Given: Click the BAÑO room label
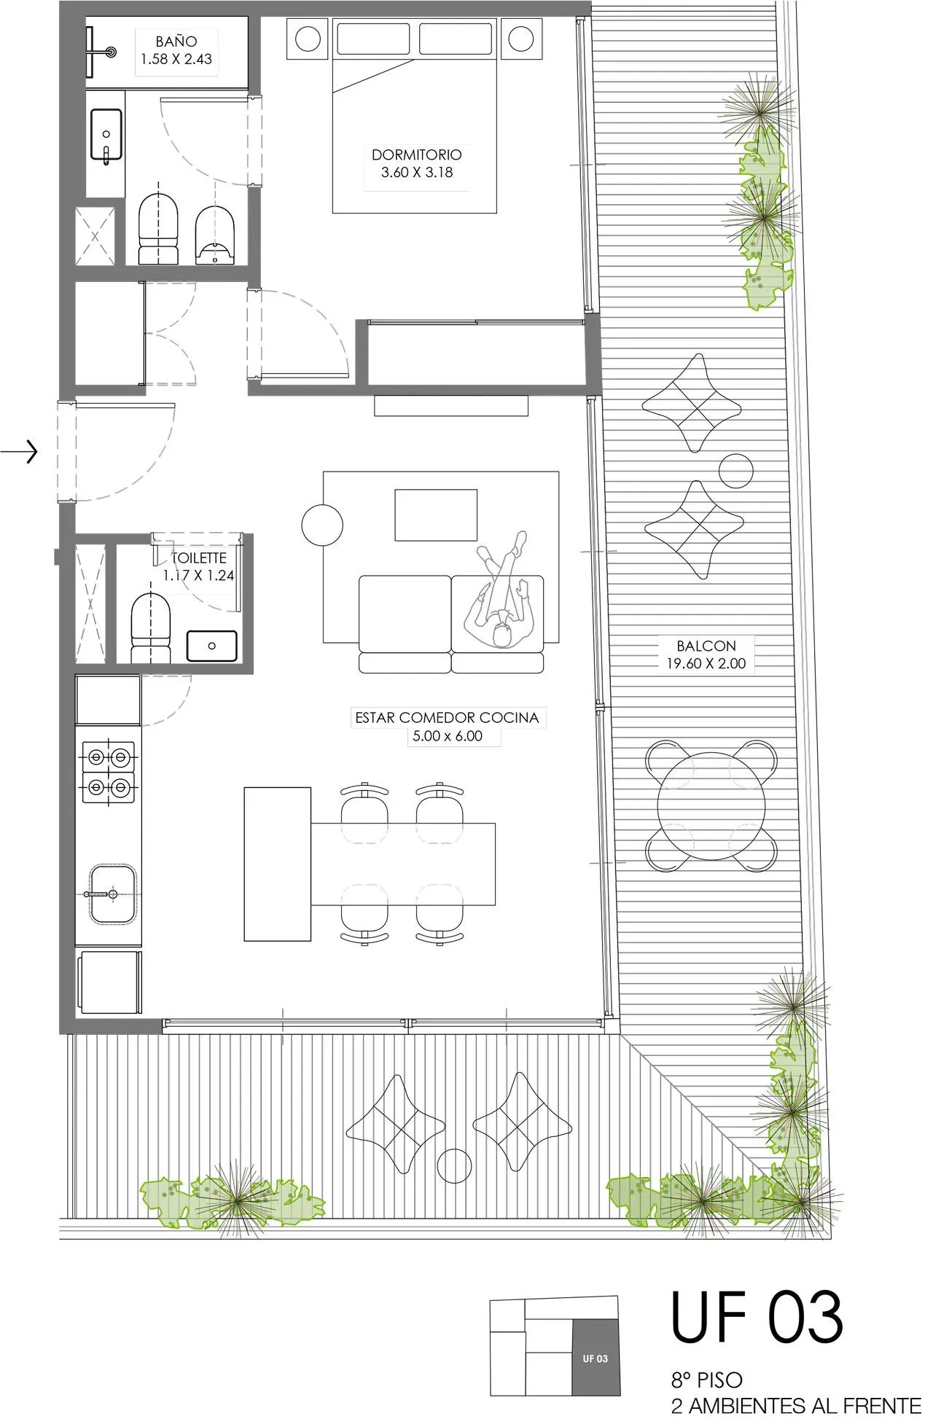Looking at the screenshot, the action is [x=176, y=42].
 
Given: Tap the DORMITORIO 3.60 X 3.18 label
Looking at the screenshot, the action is [x=417, y=163].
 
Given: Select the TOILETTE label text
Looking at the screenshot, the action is [x=198, y=558].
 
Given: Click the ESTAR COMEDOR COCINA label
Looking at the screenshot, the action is [x=447, y=717].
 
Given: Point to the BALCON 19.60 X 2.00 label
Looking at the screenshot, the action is [x=706, y=654].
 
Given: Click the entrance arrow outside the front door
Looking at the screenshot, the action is [x=19, y=453].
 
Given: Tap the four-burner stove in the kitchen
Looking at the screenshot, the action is [x=109, y=772].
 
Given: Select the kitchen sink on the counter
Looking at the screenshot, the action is [x=112, y=894].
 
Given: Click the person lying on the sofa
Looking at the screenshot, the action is [x=501, y=590].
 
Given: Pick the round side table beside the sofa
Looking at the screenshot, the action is [x=322, y=525].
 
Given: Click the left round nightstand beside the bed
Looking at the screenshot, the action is [x=308, y=39].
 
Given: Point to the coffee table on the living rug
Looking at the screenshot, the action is [x=436, y=515].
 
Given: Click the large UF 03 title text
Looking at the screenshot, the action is [x=757, y=1316].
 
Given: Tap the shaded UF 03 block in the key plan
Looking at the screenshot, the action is [x=596, y=1357].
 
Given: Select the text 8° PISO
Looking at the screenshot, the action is [x=706, y=1380].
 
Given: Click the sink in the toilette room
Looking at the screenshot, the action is [x=212, y=646].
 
